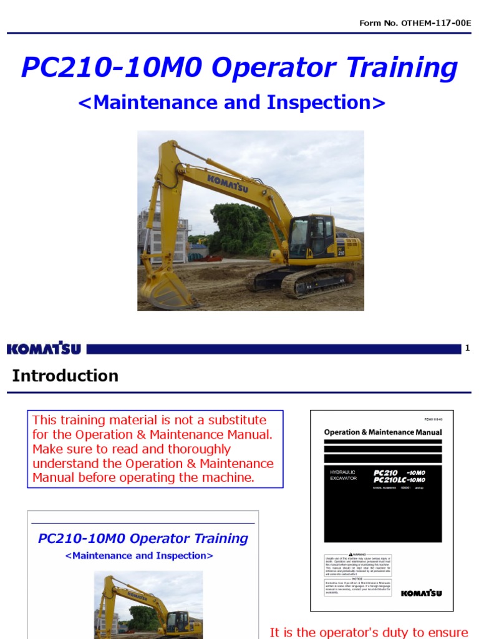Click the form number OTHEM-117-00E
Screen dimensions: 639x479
pos(436,23)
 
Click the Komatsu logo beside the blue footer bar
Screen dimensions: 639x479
pos(44,349)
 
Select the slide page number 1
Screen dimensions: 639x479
pos(467,348)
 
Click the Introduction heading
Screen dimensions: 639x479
pos(65,376)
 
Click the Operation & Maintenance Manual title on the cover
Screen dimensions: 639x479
pos(382,432)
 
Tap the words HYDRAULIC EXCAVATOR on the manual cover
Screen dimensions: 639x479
pos(343,476)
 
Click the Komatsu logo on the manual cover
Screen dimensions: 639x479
pos(421,593)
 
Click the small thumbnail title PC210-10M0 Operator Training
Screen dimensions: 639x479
pos(143,539)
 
